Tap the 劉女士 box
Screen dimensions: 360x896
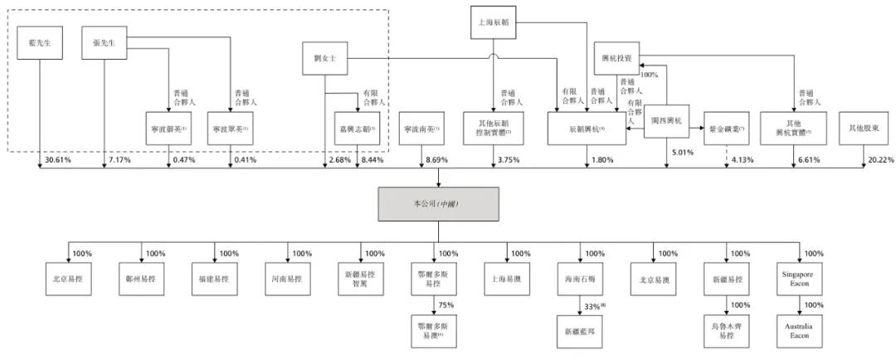pos(324,58)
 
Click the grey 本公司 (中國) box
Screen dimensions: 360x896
pos(438,203)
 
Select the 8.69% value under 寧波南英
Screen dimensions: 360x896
pos(436,160)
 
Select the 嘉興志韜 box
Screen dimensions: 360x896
pos(358,129)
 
